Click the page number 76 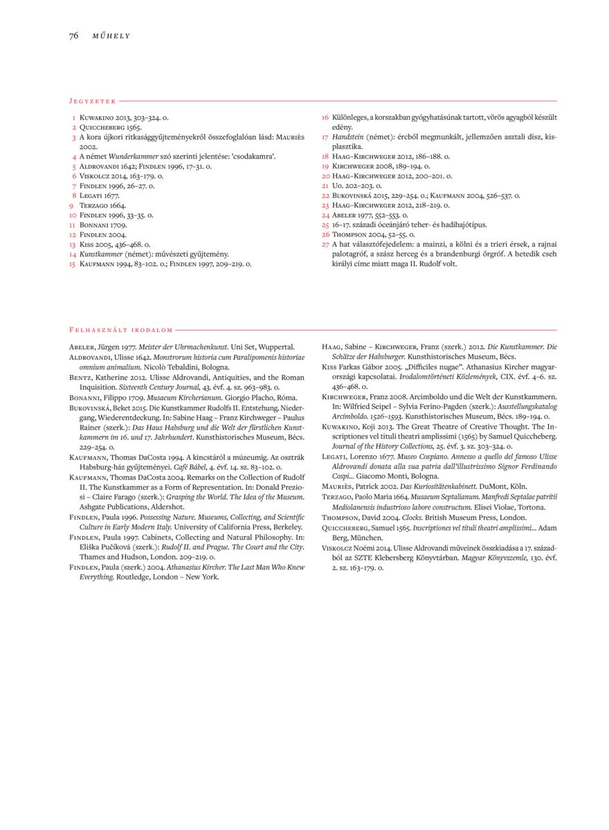73,35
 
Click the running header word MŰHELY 111,36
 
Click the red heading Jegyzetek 92,101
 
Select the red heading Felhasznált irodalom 120,330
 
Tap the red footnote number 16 325,118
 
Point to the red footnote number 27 325,244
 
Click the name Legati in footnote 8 91,196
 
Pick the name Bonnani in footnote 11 94,225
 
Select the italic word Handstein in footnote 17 347,137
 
